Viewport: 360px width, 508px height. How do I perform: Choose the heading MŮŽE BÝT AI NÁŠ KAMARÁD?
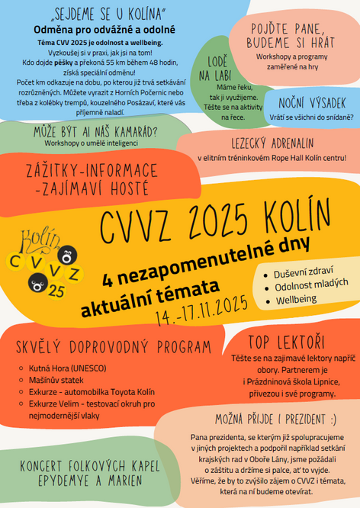coord(95,130)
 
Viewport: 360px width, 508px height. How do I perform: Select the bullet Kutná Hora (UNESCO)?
coord(66,368)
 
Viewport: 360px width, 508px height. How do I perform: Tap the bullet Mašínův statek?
coord(57,379)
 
